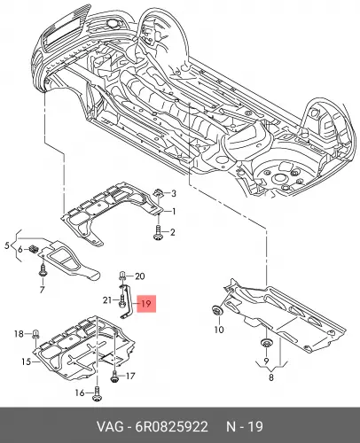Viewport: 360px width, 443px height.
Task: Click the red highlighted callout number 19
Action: pos(146,303)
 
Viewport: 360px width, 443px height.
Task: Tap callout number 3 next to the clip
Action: pos(174,193)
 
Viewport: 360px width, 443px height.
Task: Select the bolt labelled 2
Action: pos(158,232)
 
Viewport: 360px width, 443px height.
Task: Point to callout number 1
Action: pos(174,212)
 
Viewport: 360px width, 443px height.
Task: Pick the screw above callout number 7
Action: pos(43,271)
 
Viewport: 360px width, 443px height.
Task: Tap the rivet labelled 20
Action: pos(122,276)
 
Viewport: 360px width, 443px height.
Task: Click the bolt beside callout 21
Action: pos(122,301)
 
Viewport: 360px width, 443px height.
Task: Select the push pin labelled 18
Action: pos(35,335)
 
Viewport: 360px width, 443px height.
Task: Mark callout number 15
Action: pos(26,361)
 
